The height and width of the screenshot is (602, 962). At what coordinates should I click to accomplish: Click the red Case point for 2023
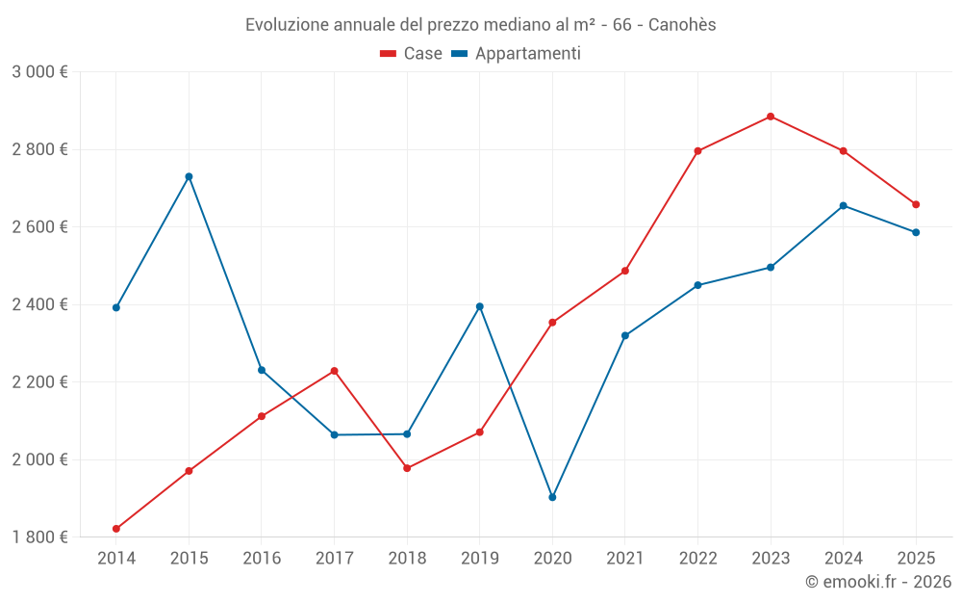771,117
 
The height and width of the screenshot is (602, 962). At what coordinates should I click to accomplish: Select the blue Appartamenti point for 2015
189,176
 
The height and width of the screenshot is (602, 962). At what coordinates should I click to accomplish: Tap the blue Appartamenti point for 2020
552,497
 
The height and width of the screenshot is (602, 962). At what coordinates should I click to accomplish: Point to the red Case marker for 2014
116,529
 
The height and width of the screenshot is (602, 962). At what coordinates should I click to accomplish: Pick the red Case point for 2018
407,468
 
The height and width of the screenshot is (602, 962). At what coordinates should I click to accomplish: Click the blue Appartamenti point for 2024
844,205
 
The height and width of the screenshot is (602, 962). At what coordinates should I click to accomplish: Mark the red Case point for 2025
916,204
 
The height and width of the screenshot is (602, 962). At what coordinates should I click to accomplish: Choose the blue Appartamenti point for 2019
480,306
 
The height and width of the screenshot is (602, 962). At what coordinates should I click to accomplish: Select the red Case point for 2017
334,371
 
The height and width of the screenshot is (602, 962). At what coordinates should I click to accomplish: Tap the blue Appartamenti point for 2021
625,335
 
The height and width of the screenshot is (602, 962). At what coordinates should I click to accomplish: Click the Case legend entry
412,54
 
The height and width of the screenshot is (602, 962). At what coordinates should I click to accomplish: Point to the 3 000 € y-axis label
39,72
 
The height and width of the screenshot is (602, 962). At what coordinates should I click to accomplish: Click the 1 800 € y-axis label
39,537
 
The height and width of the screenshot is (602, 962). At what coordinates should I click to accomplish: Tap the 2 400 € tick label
39,304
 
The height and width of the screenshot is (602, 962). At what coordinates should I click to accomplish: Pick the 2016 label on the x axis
262,558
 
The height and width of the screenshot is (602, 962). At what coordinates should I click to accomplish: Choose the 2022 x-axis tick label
697,558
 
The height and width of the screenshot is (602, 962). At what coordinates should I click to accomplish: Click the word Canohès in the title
682,24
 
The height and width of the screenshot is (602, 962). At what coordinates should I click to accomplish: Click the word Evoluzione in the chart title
286,24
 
